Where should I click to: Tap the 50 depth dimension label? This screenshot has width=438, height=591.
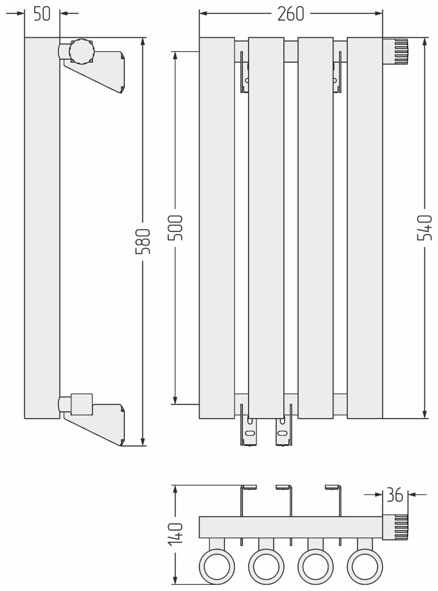[41, 14]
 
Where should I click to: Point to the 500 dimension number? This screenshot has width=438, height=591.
[175, 227]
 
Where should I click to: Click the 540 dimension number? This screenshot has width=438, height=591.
[425, 227]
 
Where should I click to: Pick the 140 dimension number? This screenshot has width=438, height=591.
[175, 532]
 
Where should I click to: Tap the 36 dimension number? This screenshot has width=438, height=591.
[395, 495]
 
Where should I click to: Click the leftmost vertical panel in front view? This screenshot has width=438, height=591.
[217, 228]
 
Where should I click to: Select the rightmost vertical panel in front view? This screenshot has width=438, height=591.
[364, 228]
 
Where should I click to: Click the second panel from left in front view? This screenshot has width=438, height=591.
[266, 228]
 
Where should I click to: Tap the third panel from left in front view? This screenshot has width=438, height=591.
[316, 228]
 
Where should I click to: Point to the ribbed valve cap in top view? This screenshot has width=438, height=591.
[396, 528]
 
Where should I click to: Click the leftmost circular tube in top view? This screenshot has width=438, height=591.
[217, 566]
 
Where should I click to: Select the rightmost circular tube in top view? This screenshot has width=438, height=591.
[364, 566]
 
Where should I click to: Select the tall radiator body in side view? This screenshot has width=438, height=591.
[42, 228]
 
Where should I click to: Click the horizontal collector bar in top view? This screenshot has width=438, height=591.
[291, 528]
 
